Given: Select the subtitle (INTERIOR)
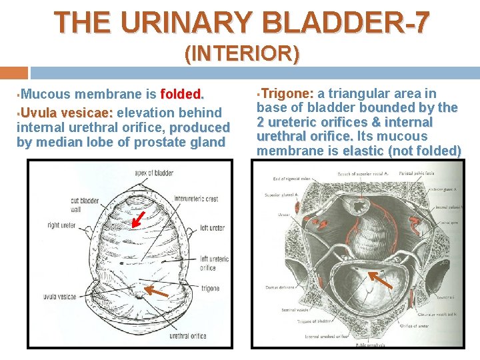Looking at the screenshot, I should [x=241, y=53].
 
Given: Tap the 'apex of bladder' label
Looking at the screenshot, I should [x=153, y=173].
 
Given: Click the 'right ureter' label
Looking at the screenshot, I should [x=62, y=225].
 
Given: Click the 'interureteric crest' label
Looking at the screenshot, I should [x=196, y=198].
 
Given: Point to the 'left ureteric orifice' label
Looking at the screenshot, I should [x=214, y=263].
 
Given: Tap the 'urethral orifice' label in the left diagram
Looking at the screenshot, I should [x=188, y=337].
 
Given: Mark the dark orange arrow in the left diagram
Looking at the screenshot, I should [x=157, y=291].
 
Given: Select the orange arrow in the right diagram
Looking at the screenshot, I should [x=381, y=279].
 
